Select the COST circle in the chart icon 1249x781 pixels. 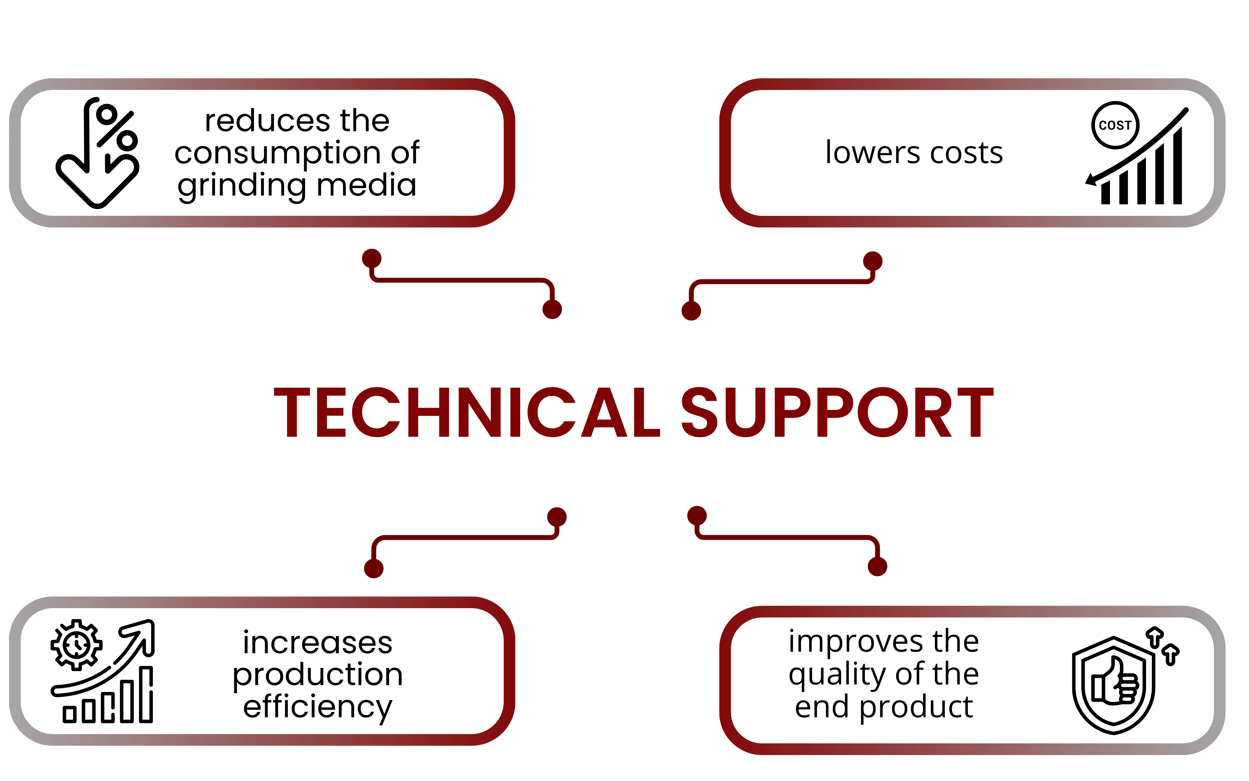(x=1115, y=125)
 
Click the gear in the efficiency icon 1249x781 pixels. (x=77, y=644)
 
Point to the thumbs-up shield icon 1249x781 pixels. (x=1114, y=685)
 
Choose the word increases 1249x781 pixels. (x=318, y=643)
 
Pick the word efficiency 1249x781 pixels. (x=318, y=708)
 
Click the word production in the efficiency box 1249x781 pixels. (x=318, y=675)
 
